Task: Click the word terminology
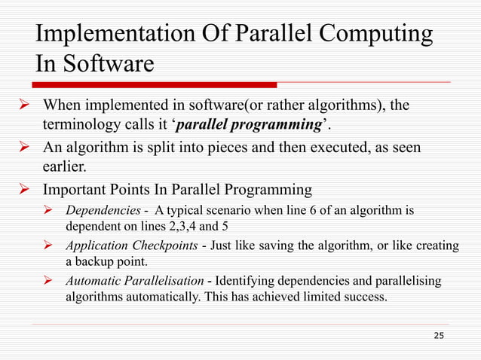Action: click(82, 123)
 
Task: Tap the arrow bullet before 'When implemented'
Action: click(23, 105)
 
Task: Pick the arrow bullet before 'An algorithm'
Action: click(23, 147)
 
